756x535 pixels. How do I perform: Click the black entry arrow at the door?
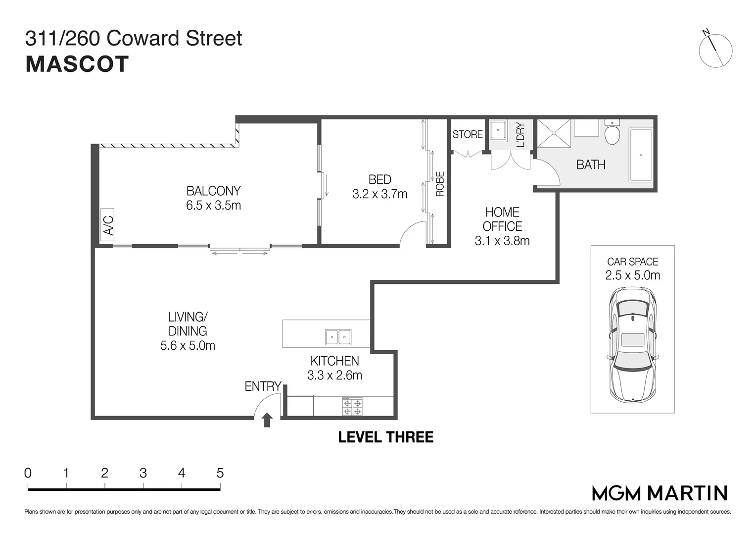[267, 420]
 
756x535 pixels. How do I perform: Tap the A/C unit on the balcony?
[107, 225]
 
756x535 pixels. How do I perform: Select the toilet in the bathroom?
[612, 133]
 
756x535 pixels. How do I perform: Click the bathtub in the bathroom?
[641, 155]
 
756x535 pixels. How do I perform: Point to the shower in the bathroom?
[554, 133]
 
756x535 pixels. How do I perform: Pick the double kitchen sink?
[338, 337]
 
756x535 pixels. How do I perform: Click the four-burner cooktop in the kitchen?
[352, 407]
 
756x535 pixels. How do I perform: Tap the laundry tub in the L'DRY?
[497, 130]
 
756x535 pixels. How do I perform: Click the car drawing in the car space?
[632, 345]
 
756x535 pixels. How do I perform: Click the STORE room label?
[468, 134]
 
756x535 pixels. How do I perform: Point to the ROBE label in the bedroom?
[440, 184]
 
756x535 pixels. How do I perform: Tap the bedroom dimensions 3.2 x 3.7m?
[379, 194]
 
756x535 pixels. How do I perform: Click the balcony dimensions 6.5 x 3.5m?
[213, 205]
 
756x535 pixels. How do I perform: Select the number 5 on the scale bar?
[220, 473]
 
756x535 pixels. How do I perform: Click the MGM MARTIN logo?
[660, 493]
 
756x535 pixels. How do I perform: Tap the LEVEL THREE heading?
[385, 437]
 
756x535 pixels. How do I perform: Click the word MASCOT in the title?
[77, 64]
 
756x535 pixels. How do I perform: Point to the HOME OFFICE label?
[502, 219]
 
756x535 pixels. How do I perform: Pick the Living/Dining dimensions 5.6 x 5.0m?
[188, 346]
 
